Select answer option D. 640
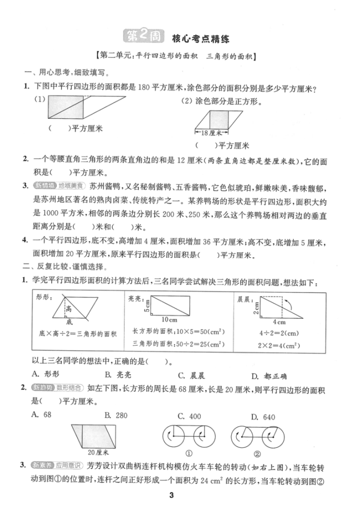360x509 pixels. (264, 417)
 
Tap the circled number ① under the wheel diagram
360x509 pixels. (189, 453)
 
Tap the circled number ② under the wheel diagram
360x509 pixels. (257, 453)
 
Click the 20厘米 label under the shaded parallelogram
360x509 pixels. (98, 452)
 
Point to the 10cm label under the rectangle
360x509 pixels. (170, 320)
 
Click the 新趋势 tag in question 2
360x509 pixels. (43, 388)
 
